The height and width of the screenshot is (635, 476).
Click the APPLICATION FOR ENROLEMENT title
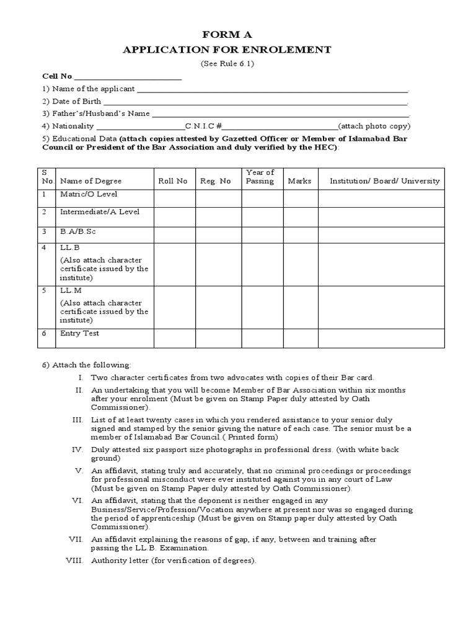[236, 50]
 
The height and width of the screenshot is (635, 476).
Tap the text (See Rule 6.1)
[227, 64]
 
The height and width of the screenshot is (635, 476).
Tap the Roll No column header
[172, 181]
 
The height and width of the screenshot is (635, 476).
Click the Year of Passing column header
[260, 177]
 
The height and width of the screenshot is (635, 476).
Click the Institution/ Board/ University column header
[384, 181]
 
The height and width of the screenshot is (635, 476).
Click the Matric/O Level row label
[89, 195]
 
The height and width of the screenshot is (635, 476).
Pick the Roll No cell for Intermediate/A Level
[175, 216]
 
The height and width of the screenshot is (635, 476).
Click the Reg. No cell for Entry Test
[219, 338]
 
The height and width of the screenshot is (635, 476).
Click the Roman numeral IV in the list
[78, 449]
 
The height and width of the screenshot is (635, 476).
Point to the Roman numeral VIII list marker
[74, 561]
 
